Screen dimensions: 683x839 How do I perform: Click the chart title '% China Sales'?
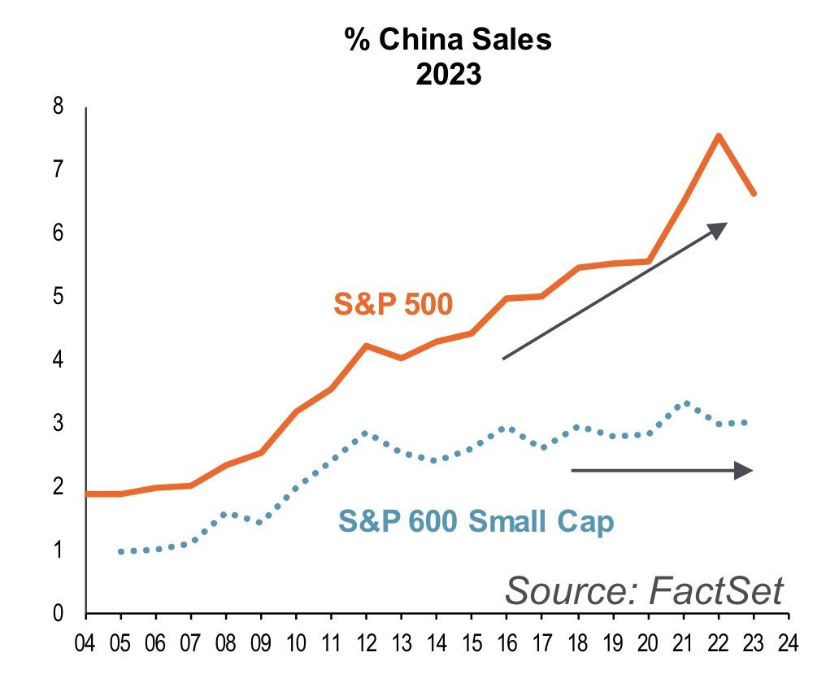[449, 41]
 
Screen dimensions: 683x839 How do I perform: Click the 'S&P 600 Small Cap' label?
[476, 521]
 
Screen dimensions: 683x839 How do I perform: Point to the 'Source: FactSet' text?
[645, 589]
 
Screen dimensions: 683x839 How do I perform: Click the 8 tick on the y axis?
[57, 107]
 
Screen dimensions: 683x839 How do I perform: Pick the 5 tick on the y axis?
[57, 297]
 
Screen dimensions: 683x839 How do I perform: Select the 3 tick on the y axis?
[57, 424]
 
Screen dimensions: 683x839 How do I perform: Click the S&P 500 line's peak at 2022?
[719, 136]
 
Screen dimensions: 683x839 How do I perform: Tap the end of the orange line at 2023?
[754, 194]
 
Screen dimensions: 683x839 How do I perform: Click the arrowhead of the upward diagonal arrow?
[717, 228]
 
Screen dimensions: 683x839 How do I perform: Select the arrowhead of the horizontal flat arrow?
[745, 470]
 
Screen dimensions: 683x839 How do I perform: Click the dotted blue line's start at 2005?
[121, 551]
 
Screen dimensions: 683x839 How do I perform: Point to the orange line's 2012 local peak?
[367, 346]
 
